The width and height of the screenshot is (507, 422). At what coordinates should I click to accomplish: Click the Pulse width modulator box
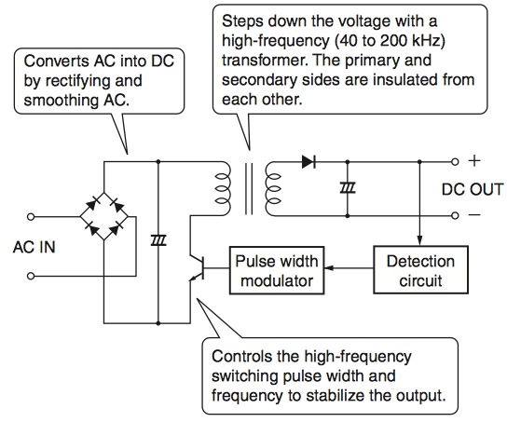pyautogui.click(x=277, y=270)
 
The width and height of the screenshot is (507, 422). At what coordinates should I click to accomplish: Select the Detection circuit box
pyautogui.click(x=420, y=270)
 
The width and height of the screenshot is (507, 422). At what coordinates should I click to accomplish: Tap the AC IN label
pyautogui.click(x=34, y=247)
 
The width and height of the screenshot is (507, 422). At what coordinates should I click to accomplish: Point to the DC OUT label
pyautogui.click(x=473, y=189)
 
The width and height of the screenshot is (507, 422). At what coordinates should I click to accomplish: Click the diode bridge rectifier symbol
pyautogui.click(x=104, y=216)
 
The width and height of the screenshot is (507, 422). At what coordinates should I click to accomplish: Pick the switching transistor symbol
pyautogui.click(x=198, y=268)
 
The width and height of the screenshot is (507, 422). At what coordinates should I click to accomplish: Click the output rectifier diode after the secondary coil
pyautogui.click(x=308, y=161)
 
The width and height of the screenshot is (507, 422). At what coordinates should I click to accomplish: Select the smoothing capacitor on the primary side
pyautogui.click(x=158, y=240)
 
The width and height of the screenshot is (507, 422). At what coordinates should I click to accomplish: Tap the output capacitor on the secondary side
pyautogui.click(x=348, y=188)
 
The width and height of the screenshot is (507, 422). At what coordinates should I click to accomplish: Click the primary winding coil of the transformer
pyautogui.click(x=223, y=189)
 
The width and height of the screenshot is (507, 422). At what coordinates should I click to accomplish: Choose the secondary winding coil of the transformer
pyautogui.click(x=273, y=189)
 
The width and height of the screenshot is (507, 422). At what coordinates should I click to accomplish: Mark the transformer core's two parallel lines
pyautogui.click(x=249, y=189)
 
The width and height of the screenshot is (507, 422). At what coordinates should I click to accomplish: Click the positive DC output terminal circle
pyautogui.click(x=455, y=161)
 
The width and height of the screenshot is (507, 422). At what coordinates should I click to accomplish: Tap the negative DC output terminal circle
pyautogui.click(x=455, y=215)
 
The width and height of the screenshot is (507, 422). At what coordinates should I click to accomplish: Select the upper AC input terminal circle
pyautogui.click(x=31, y=216)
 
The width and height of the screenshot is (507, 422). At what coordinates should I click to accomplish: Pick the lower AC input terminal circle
pyautogui.click(x=31, y=276)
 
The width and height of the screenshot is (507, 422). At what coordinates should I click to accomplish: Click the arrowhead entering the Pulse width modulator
pyautogui.click(x=328, y=268)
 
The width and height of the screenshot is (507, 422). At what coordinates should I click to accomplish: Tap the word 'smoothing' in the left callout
pyautogui.click(x=62, y=101)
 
